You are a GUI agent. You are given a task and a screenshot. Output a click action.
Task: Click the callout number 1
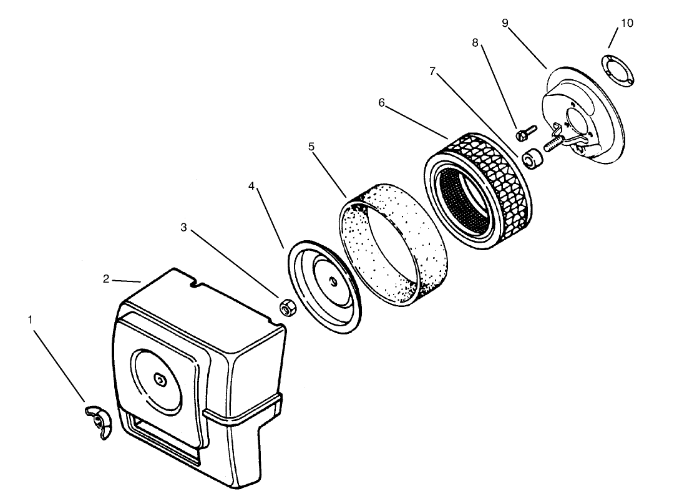[x=30, y=319]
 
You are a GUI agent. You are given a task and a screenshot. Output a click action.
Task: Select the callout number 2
[x=106, y=279]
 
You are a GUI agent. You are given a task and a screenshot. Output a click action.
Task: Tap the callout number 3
[x=183, y=228]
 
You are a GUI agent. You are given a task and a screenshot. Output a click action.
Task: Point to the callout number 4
[x=251, y=186]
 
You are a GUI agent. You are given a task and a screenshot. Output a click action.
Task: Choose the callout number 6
[x=382, y=102]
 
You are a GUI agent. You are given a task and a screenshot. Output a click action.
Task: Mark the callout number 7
[x=432, y=71]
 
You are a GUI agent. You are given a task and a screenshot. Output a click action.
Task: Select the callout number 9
[x=505, y=23]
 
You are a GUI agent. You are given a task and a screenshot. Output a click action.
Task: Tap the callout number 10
[x=626, y=23]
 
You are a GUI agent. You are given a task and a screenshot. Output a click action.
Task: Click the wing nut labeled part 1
[x=97, y=421]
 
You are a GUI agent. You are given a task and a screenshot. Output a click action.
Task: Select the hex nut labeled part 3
[x=288, y=308]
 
